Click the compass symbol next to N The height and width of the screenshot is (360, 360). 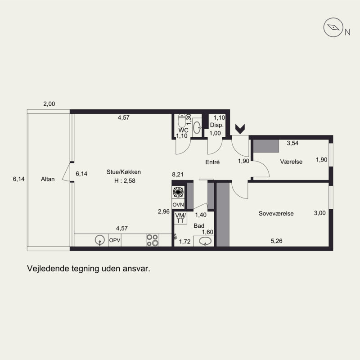(333, 27)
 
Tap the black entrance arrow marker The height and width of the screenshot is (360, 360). (240, 129)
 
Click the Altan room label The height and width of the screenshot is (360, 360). (48, 179)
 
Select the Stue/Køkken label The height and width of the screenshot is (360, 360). (123, 172)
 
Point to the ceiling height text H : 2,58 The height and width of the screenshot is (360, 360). (125, 181)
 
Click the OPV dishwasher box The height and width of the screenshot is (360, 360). (115, 240)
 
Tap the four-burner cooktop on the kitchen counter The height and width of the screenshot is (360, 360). (153, 240)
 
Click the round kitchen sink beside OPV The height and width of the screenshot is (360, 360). (100, 240)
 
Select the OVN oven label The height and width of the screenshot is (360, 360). (178, 205)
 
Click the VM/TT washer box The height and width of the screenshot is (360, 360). (180, 218)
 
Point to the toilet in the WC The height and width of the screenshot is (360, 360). (182, 120)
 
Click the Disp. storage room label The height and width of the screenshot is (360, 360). (217, 126)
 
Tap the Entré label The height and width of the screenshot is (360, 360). (212, 162)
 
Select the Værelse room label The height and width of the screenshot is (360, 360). (291, 162)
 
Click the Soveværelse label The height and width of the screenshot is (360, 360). (276, 213)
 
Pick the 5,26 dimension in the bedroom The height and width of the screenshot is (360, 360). (276, 241)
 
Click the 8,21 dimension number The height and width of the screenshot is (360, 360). (178, 175)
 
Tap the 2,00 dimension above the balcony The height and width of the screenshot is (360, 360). (49, 104)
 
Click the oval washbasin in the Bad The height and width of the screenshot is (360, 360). (205, 241)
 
